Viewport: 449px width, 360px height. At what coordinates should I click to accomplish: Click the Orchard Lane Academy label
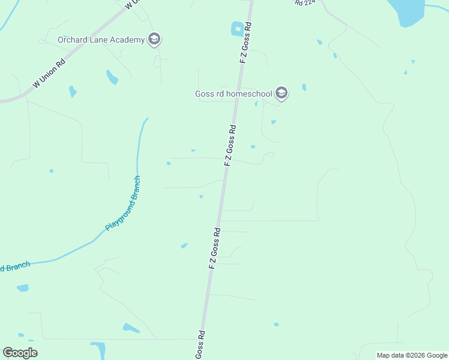point(101,40)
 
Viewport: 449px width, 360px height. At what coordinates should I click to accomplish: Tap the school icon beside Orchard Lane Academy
point(154,40)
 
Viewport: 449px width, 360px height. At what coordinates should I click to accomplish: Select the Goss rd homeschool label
point(234,94)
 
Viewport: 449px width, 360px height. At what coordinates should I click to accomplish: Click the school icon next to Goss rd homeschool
point(282,93)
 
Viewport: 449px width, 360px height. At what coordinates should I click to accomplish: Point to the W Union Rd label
point(49,73)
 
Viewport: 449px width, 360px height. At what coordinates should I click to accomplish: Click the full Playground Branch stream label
point(123,204)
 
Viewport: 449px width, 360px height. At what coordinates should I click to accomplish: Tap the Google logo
point(20,353)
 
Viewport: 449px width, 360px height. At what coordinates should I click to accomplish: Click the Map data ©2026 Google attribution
point(412,355)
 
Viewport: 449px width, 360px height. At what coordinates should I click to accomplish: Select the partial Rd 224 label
point(305,2)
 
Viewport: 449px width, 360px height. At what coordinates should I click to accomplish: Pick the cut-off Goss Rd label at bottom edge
point(200,345)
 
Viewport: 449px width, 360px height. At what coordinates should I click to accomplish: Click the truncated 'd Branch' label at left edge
point(14,266)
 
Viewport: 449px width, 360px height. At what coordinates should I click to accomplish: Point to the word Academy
point(128,40)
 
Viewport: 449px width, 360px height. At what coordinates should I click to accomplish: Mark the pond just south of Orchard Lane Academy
point(112,77)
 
